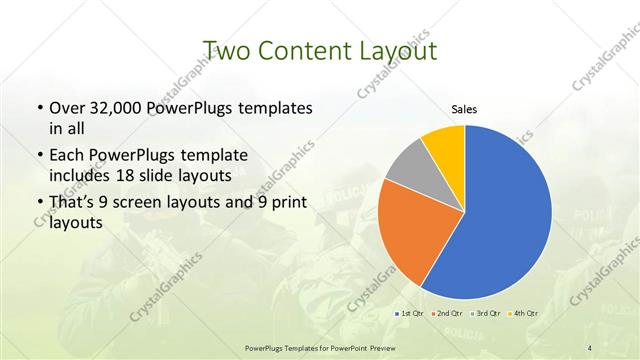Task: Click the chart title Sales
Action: (464, 108)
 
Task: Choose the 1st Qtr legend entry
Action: (409, 314)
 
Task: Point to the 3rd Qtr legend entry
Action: (486, 314)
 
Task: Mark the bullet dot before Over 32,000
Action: (39, 108)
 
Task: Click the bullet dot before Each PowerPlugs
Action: (39, 156)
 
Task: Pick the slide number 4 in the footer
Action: (590, 347)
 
